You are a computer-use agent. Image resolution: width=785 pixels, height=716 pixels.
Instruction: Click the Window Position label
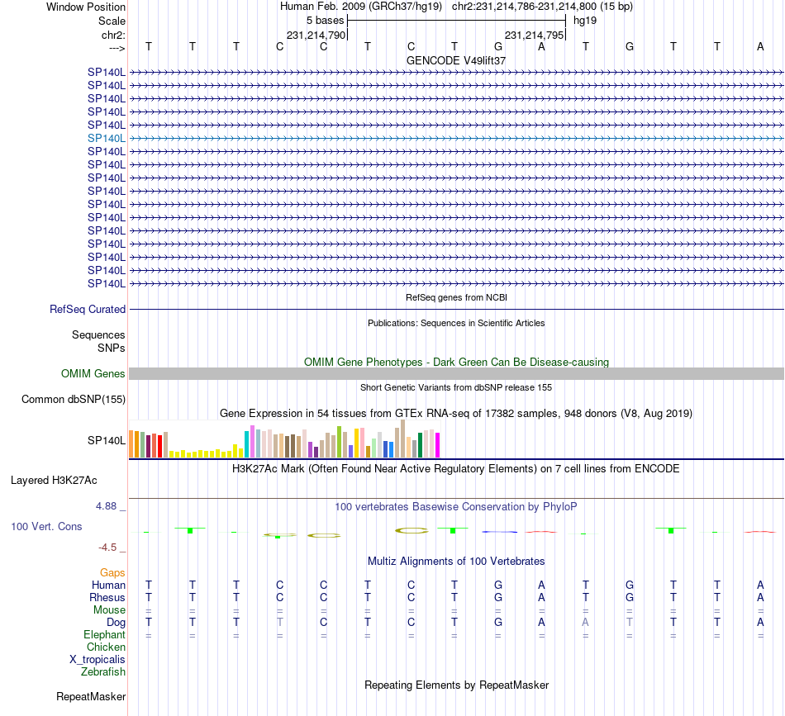pyautogui.click(x=86, y=7)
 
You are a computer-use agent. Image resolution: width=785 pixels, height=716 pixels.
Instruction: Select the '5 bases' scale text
pyautogui.click(x=325, y=20)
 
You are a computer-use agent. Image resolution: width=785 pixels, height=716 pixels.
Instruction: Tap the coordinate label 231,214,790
pyautogui.click(x=316, y=35)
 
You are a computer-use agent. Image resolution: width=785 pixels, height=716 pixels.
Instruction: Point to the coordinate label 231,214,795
pyautogui.click(x=534, y=35)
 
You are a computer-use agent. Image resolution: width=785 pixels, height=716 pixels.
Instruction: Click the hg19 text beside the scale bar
pyautogui.click(x=585, y=20)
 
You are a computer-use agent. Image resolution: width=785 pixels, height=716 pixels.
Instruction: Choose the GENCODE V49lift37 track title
pyautogui.click(x=456, y=61)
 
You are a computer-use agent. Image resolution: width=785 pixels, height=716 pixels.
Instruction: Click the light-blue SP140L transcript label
pyautogui.click(x=107, y=138)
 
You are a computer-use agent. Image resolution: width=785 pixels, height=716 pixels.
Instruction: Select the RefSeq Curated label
pyautogui.click(x=88, y=310)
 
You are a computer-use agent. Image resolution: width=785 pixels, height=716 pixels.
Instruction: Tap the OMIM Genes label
pyautogui.click(x=93, y=374)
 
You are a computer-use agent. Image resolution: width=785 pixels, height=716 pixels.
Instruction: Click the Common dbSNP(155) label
pyautogui.click(x=74, y=400)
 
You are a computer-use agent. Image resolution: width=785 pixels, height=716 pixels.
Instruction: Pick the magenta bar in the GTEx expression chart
pyautogui.click(x=437, y=445)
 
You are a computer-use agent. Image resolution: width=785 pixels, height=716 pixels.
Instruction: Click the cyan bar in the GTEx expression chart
pyautogui.click(x=247, y=443)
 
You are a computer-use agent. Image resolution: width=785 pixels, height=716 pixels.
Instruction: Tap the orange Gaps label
pyautogui.click(x=112, y=572)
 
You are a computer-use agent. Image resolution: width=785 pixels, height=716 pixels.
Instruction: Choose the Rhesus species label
pyautogui.click(x=107, y=597)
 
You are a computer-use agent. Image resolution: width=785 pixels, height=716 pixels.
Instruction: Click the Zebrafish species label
pyautogui.click(x=103, y=671)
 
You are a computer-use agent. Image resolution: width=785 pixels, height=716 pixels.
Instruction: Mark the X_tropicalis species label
pyautogui.click(x=98, y=659)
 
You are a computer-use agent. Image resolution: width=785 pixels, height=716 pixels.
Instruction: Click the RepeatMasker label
pyautogui.click(x=91, y=697)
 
